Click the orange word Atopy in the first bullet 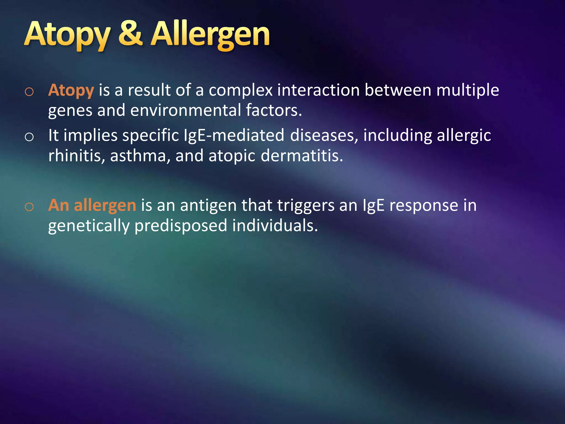click(71, 90)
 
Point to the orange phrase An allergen click(92, 205)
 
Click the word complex click(241, 90)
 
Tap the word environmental click(185, 110)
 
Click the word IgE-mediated click(234, 136)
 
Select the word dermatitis click(302, 156)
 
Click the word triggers click(306, 206)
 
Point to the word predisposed click(181, 226)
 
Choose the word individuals click(275, 226)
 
